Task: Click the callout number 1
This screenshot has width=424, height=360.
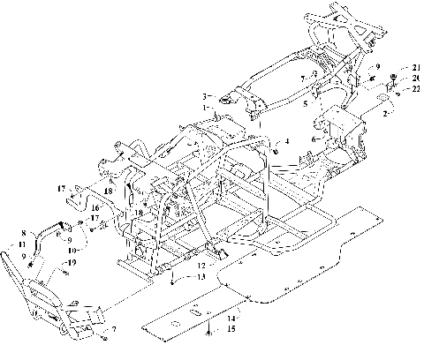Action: pos(207,107)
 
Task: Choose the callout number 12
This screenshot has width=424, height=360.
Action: pos(202,264)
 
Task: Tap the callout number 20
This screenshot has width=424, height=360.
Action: pos(414,78)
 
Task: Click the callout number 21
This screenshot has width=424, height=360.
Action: pos(414,68)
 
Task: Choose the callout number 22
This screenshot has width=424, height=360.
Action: pos(414,87)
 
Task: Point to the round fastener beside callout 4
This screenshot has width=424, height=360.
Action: pos(274,141)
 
